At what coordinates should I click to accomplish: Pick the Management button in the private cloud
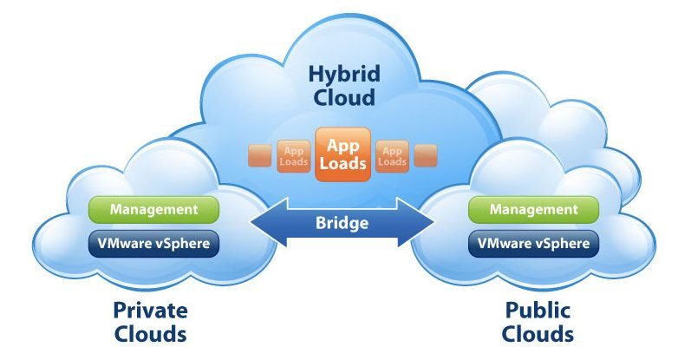pyautogui.click(x=154, y=209)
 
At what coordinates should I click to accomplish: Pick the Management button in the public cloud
pyautogui.click(x=533, y=209)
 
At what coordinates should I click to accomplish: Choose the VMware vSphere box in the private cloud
pyautogui.click(x=154, y=244)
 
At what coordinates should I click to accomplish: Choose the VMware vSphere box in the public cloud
pyautogui.click(x=533, y=244)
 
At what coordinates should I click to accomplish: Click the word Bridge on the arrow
pyautogui.click(x=342, y=223)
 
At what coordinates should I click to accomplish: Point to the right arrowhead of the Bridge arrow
pyautogui.click(x=424, y=223)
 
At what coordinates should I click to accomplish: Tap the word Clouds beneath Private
pyautogui.click(x=150, y=334)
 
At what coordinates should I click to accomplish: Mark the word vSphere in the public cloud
pyautogui.click(x=563, y=244)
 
